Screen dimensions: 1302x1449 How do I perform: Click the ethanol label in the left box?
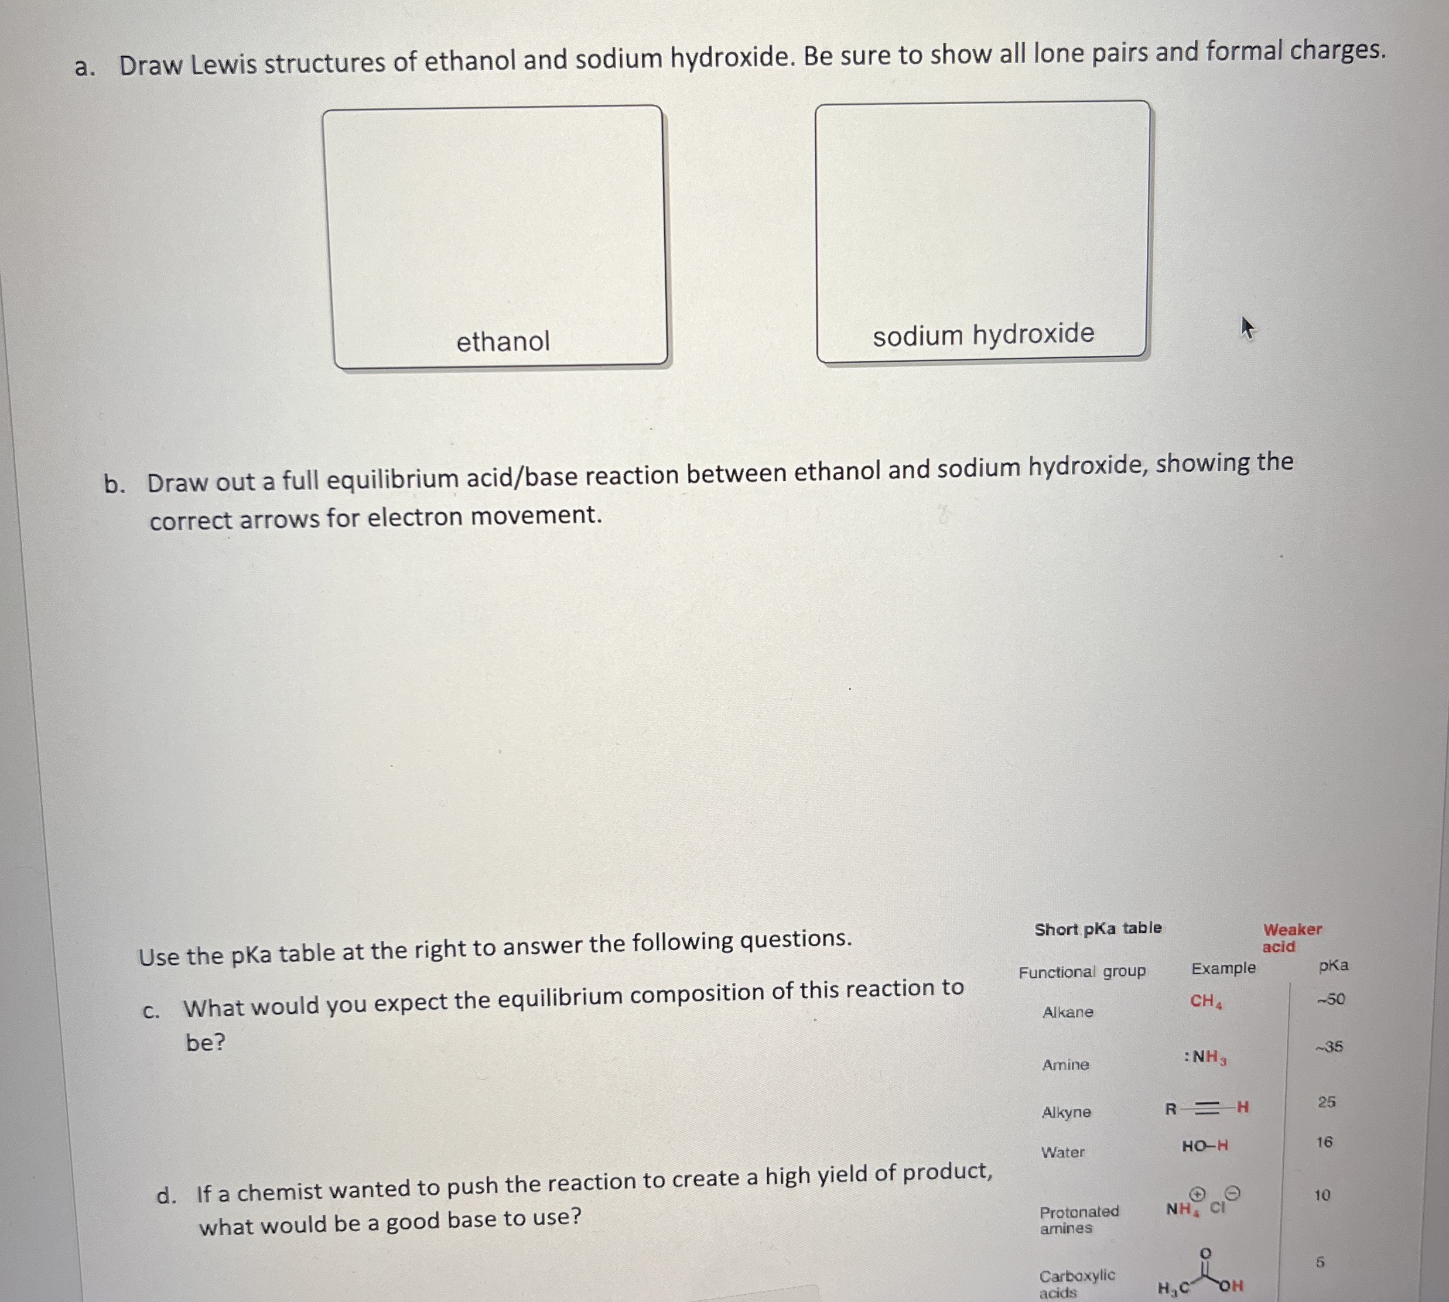click(x=503, y=341)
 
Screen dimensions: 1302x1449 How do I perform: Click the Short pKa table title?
click(x=1098, y=928)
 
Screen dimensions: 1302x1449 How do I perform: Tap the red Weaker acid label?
click(x=1291, y=938)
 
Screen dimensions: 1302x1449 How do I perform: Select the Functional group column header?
click(x=1082, y=971)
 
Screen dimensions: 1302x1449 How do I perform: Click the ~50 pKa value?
click(x=1331, y=999)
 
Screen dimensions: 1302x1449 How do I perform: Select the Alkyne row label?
click(x=1066, y=1112)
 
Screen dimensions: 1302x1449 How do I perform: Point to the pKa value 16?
click(x=1324, y=1142)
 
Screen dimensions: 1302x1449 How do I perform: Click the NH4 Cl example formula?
click(x=1196, y=1208)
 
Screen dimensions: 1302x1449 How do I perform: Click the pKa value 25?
click(x=1327, y=1102)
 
